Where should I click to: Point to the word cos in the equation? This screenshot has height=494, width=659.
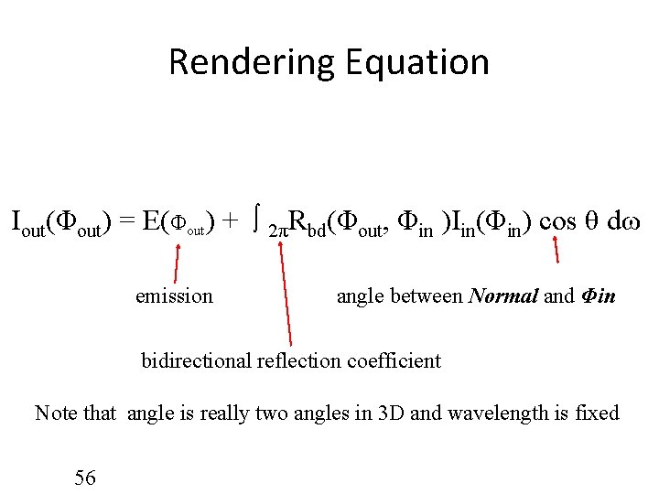(558, 222)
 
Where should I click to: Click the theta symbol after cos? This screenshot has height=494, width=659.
(592, 222)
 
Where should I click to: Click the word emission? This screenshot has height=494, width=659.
(174, 295)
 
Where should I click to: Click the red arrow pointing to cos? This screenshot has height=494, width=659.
(556, 249)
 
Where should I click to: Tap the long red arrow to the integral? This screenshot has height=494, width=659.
(286, 293)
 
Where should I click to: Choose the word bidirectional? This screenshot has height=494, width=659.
(187, 360)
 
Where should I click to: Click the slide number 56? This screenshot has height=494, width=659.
(84, 478)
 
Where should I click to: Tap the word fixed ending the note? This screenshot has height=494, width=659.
(596, 413)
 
